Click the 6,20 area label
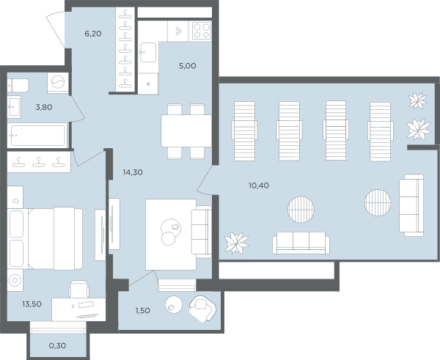tap(93, 34)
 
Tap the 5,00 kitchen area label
tap(188, 66)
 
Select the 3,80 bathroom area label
tap(44, 107)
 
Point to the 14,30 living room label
tap(133, 172)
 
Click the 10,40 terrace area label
tap(259, 185)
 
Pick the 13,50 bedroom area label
tap(32, 304)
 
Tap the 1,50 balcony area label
tap(142, 311)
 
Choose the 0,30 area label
tap(57, 345)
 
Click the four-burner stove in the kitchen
tap(202, 31)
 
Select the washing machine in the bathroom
tap(58, 83)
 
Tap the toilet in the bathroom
tap(18, 86)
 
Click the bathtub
tap(37, 136)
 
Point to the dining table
tap(186, 131)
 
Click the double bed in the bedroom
tap(45, 239)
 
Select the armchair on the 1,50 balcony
tap(202, 308)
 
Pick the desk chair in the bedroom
tap(79, 290)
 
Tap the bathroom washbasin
tap(14, 106)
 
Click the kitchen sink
tap(148, 52)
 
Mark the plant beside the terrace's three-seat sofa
tap(236, 243)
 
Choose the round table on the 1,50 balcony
tap(174, 304)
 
